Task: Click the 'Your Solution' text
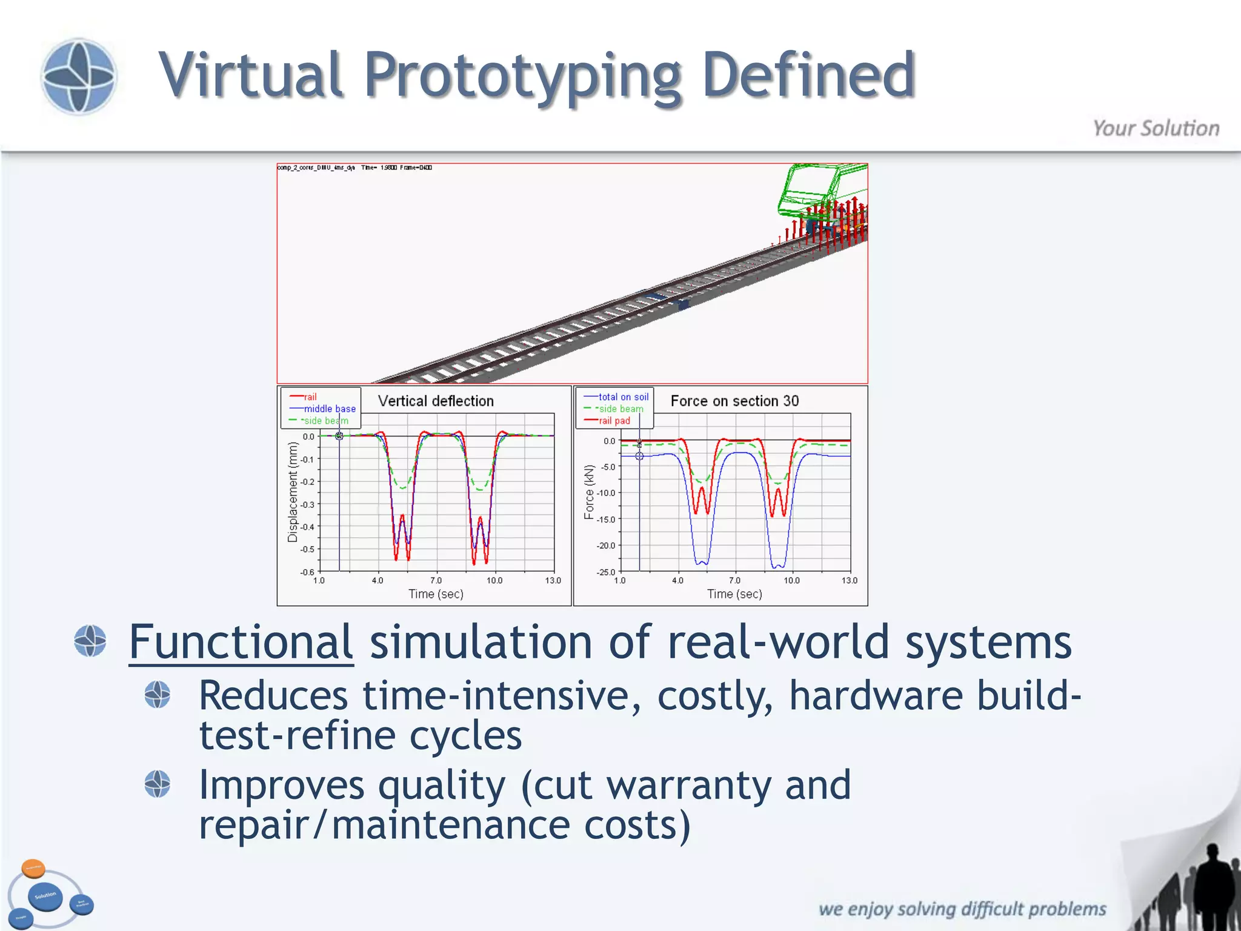tap(1156, 128)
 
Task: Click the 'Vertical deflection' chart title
tap(436, 401)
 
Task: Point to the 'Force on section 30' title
tap(734, 401)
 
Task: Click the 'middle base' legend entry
tap(329, 409)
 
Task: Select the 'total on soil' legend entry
tap(623, 397)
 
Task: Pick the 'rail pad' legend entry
tap(614, 421)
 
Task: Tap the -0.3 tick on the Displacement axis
tap(308, 504)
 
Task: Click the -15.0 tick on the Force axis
tap(605, 519)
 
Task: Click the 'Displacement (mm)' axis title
tap(293, 492)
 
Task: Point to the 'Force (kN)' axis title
tap(589, 492)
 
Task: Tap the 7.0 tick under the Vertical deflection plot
tap(436, 581)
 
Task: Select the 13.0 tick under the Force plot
tap(849, 581)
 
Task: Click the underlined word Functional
tap(241, 642)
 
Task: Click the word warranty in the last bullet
tap(689, 785)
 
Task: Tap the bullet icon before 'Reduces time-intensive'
tap(158, 695)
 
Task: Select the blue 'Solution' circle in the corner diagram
tap(45, 896)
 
